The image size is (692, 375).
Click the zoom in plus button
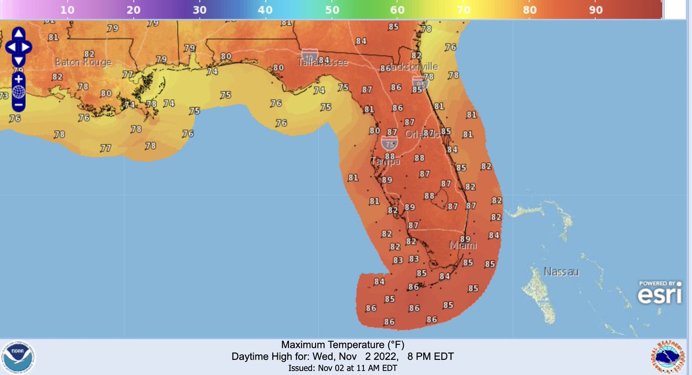click(18, 78)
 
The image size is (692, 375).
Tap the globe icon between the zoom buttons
click(18, 92)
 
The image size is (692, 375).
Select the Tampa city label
click(385, 162)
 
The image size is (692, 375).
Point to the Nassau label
click(561, 271)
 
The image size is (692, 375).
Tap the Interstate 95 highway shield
click(420, 84)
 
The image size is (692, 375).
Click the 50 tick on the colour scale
click(332, 10)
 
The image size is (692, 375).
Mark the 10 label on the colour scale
click(67, 10)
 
